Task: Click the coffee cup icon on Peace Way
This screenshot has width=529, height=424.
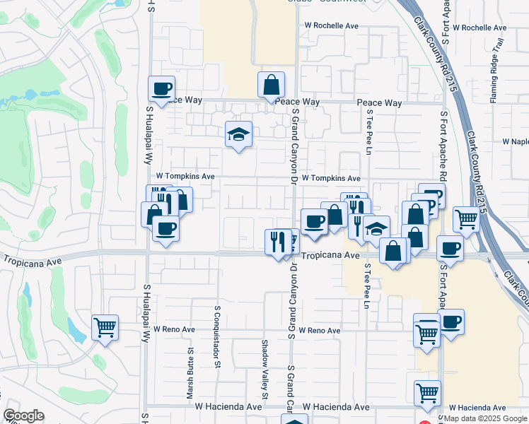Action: click(162, 89)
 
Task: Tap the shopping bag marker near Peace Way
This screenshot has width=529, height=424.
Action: click(271, 85)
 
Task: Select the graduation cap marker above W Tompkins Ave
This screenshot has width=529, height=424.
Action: click(239, 134)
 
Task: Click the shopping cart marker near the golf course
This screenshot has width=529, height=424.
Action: click(105, 327)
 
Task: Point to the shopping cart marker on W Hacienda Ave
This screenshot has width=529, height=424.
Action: click(426, 394)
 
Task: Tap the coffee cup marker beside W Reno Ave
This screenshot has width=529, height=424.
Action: click(451, 322)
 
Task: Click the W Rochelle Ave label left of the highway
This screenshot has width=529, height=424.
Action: click(332, 26)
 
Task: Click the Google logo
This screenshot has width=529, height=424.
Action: click(23, 416)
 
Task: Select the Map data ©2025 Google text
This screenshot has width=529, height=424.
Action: click(485, 418)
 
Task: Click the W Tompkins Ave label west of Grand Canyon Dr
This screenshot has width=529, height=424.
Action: click(185, 175)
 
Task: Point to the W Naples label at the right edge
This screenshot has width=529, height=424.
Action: click(516, 141)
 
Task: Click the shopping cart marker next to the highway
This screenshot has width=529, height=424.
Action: click(466, 219)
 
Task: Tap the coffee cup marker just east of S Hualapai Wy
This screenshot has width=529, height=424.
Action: click(165, 228)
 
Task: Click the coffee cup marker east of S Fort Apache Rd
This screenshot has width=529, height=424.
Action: click(449, 249)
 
